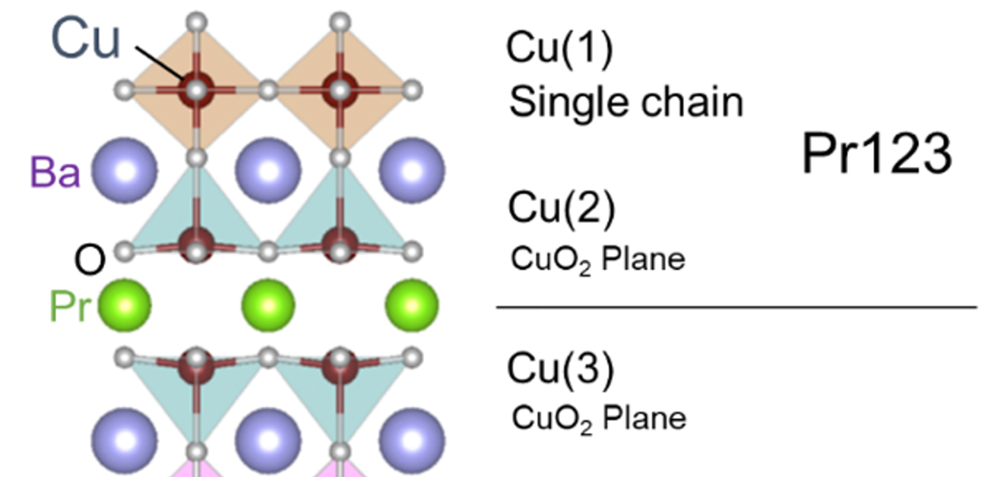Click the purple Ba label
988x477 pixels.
coord(55,172)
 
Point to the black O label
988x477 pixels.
coord(90,261)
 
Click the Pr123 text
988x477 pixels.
coord(876,155)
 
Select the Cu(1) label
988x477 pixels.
coord(559,49)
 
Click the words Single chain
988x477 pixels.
coord(626,101)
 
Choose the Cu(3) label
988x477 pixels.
coord(560,369)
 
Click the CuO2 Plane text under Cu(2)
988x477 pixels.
coord(597,261)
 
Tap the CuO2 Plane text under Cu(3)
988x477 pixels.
coord(599,418)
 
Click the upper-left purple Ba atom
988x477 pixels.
coord(124,170)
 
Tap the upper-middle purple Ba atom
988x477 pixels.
coord(268,170)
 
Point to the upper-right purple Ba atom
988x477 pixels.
coord(411,170)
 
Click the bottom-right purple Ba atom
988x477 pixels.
coord(411,441)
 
